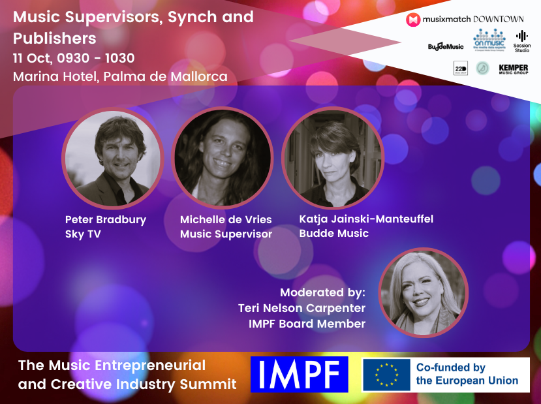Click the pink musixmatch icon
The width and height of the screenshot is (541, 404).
pos(413,20)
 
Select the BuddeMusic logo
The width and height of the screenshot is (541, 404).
pos(446,46)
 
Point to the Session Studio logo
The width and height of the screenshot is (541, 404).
pos(522,42)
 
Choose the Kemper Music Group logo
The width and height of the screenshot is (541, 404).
pos(513,69)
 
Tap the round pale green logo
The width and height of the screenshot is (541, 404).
pos(482,68)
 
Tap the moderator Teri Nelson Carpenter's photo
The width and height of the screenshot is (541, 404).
pos(424,293)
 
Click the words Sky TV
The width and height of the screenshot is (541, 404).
pos(84,234)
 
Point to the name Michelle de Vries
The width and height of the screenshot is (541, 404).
pos(226,219)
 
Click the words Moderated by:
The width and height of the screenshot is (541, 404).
pos(323,292)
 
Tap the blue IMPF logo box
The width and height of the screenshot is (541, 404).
pos(299,375)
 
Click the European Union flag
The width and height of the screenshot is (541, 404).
pos(386,375)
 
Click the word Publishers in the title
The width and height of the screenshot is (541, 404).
pos(55,38)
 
